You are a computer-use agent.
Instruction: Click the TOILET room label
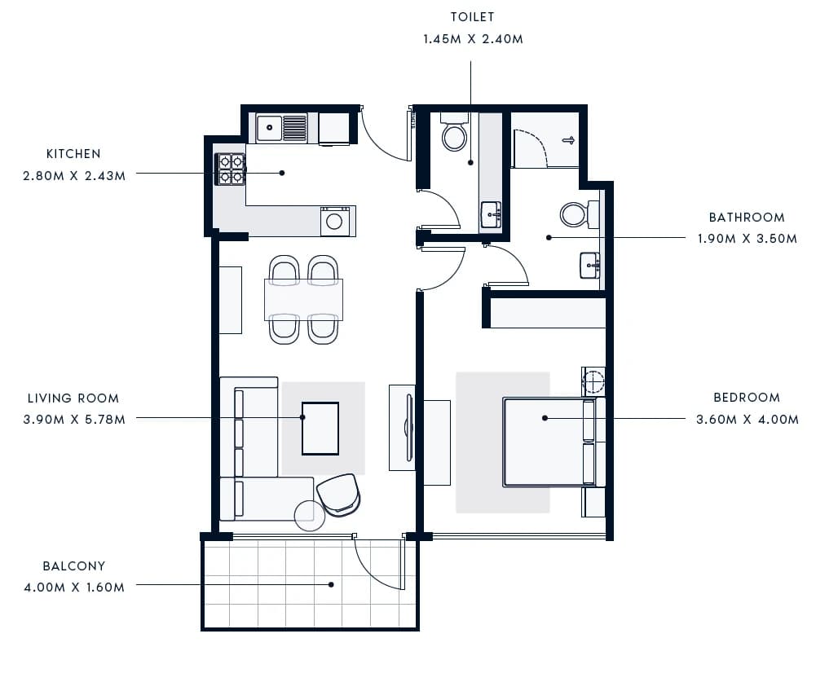click(473, 17)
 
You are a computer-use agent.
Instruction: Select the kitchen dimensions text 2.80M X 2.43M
click(74, 176)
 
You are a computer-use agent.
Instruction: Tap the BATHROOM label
click(747, 218)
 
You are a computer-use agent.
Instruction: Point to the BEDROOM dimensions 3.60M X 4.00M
click(748, 420)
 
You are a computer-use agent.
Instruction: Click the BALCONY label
click(73, 566)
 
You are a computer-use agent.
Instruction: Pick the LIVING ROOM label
click(73, 398)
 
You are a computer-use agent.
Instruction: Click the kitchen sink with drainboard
click(281, 128)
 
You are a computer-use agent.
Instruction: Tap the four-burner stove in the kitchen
click(231, 169)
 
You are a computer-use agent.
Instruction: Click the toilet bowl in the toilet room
click(454, 132)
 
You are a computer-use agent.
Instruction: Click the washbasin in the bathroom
click(590, 266)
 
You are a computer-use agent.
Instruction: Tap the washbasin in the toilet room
click(491, 215)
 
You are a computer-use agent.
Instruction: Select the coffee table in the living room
click(320, 429)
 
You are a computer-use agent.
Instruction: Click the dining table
click(303, 300)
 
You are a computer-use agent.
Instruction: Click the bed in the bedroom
click(554, 442)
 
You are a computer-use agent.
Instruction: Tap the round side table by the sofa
click(310, 515)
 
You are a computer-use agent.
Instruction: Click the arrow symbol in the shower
click(568, 140)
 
